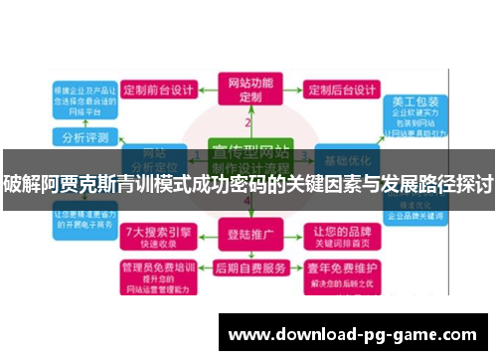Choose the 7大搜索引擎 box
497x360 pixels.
[x=159, y=235]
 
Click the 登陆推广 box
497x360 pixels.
[x=249, y=236]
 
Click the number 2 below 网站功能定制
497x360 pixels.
[x=248, y=122]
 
